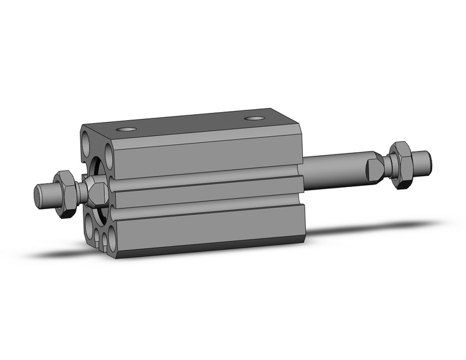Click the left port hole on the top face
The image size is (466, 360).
[x=127, y=129]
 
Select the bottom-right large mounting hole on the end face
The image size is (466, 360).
[x=112, y=239]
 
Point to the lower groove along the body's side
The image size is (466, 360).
[x=208, y=209]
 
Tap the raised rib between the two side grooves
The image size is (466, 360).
[x=208, y=193]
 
